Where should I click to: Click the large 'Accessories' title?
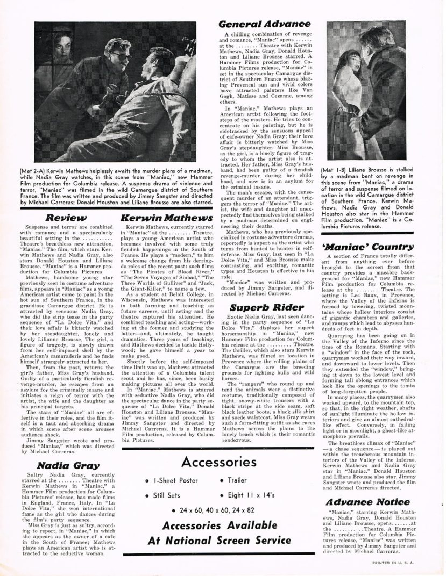pos(225,448)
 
